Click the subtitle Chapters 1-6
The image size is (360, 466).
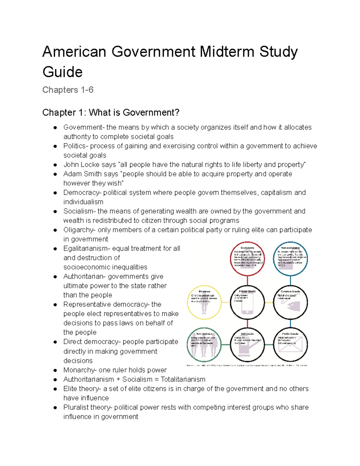(x=68, y=90)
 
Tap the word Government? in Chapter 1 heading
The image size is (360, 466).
(x=151, y=113)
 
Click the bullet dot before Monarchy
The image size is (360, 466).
(x=55, y=370)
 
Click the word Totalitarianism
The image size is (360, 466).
(x=183, y=379)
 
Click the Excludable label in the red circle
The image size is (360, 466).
(x=247, y=248)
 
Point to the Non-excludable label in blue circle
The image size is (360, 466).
(x=290, y=248)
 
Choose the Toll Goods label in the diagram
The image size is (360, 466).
(x=247, y=334)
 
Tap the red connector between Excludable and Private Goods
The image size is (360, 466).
(x=247, y=280)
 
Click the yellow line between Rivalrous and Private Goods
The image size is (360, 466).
(x=226, y=302)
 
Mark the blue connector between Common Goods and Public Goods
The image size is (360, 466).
(x=290, y=324)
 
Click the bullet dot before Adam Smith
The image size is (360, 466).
(x=55, y=174)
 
